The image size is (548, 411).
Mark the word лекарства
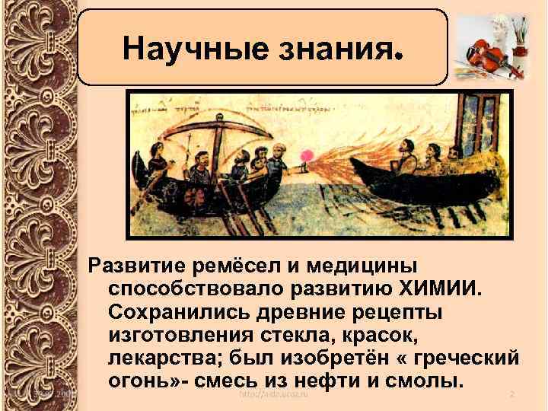[163, 358]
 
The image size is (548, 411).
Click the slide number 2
[512, 393]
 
